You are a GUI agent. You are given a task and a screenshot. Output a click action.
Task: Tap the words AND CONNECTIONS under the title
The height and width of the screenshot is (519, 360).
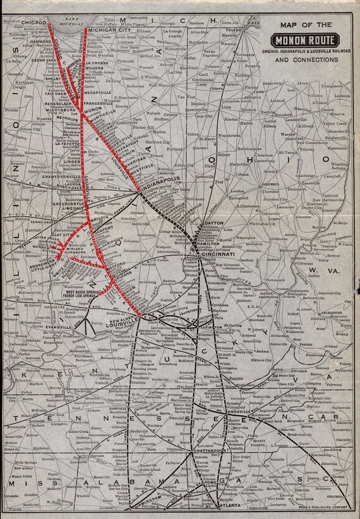coord(307,61)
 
